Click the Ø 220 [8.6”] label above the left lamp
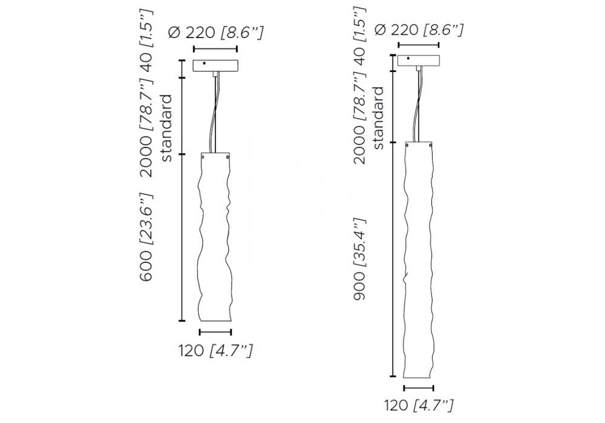pos(216,33)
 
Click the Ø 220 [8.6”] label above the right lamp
pos(419,30)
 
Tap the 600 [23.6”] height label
pos(146,237)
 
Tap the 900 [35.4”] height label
pos(359,259)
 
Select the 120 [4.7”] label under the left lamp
pos(215,350)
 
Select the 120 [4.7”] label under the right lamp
pos(419,405)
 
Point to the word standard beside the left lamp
pos(166,128)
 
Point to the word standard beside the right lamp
pos(379,118)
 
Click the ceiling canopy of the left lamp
pos(216,66)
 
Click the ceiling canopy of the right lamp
pos(419,60)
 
